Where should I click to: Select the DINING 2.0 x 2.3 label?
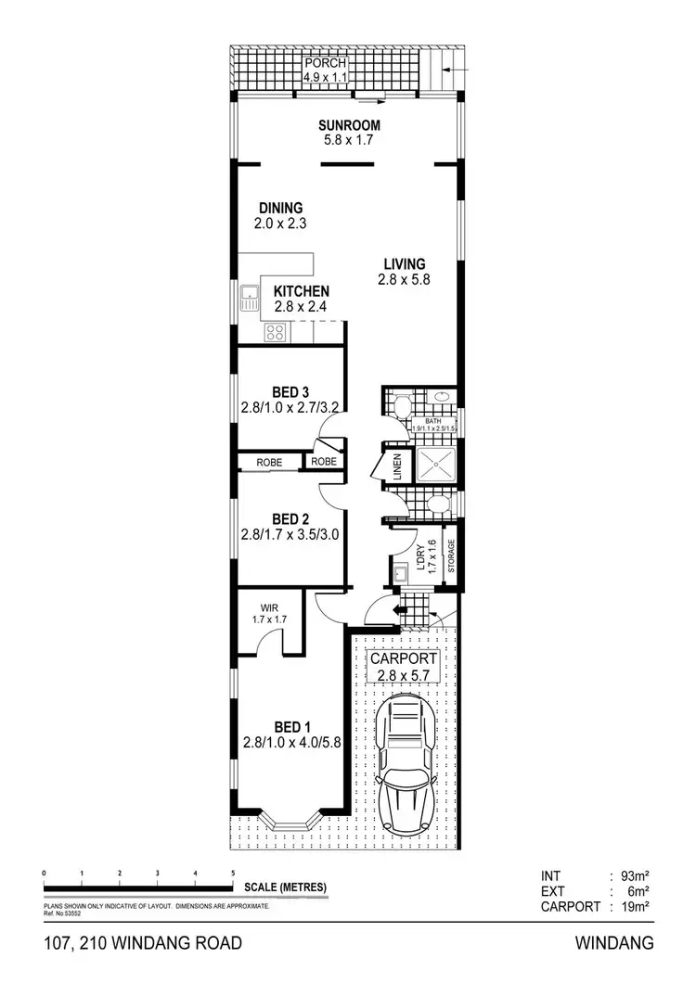(x=281, y=215)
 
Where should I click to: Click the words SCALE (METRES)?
(x=286, y=887)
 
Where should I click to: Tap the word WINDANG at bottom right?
(x=615, y=944)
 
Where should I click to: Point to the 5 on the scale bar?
(x=233, y=874)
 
